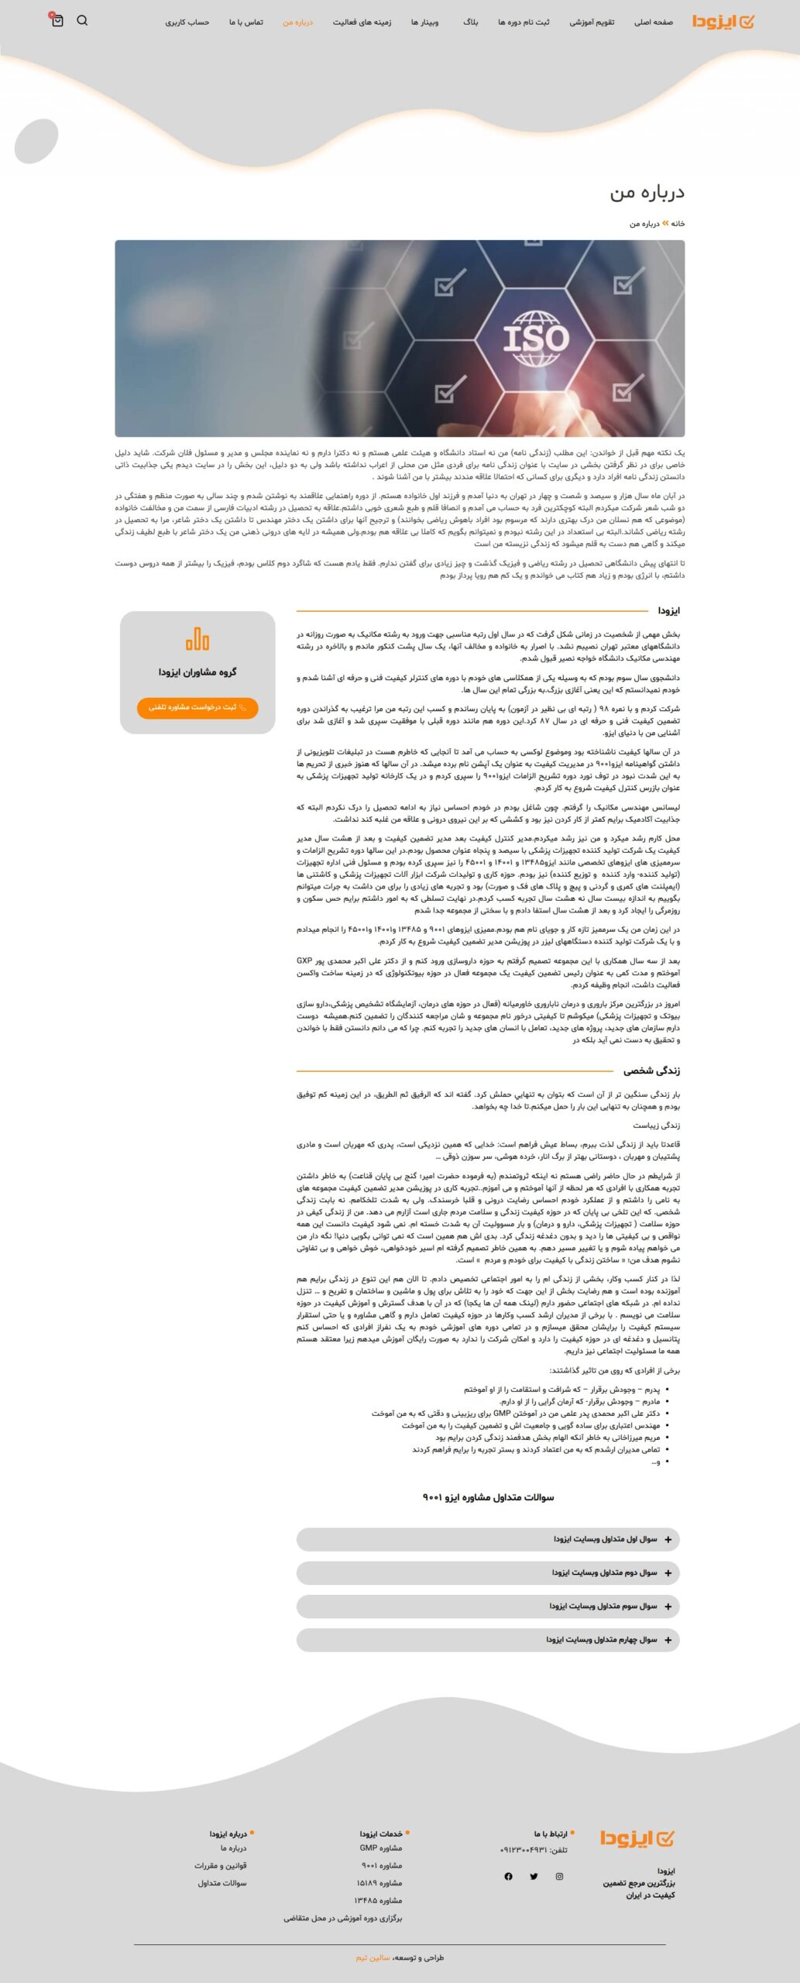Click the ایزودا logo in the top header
click(x=722, y=22)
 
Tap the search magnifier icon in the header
click(x=82, y=21)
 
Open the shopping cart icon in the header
click(x=57, y=21)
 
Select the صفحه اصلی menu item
click(x=653, y=22)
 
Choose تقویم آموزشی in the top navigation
click(x=592, y=22)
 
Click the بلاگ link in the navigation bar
click(x=471, y=22)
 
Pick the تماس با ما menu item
click(x=245, y=22)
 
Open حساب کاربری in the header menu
click(x=187, y=22)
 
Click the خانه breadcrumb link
click(x=678, y=224)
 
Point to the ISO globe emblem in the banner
click(x=536, y=338)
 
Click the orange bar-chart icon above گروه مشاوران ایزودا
click(x=197, y=639)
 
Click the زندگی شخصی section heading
click(x=651, y=1071)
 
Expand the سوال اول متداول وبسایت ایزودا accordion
click(x=488, y=1539)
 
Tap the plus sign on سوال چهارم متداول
click(x=668, y=1640)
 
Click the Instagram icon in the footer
click(x=559, y=1876)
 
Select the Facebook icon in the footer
click(x=508, y=1876)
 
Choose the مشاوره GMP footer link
click(x=380, y=1847)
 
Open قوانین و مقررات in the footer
click(x=221, y=1865)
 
